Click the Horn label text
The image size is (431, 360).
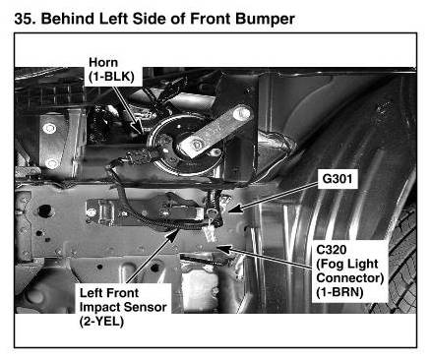coord(103,62)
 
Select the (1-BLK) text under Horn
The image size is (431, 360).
coord(111,77)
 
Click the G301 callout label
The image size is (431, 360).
coord(338,179)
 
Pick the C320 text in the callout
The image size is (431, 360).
coord(332,250)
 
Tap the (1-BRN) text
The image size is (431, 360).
coord(339,292)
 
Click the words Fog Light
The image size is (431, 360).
coord(347,264)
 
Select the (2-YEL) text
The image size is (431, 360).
coord(101,322)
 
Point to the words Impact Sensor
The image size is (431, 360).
coord(123,307)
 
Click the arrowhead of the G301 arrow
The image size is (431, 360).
coord(233,209)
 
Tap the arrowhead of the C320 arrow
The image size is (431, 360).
coord(221,249)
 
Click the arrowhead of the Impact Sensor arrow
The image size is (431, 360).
coord(174,235)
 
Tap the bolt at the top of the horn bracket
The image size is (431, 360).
coord(242,114)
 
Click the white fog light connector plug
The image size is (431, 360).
coord(211,233)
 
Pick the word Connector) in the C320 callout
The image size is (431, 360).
coord(350,278)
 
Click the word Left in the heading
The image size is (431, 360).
coord(112,19)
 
